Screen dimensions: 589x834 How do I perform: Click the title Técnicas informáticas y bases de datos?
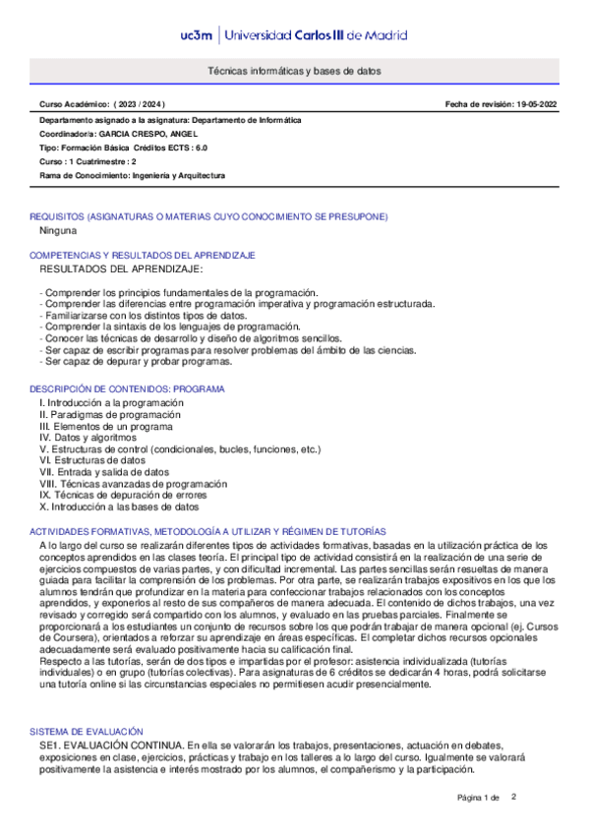[294, 72]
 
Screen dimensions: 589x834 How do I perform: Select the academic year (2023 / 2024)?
[141, 104]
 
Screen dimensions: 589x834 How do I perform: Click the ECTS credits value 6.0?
[200, 147]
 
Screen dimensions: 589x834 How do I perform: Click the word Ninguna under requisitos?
[58, 230]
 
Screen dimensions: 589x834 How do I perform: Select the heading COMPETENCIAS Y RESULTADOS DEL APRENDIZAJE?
[143, 255]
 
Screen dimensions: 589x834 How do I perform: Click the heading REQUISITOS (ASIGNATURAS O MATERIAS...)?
[208, 216]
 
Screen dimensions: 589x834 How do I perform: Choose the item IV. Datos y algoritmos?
[88, 438]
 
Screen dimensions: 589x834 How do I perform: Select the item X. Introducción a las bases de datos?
[119, 507]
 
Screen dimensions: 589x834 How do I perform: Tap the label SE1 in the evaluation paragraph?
[50, 747]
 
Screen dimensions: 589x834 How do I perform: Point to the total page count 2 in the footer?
[513, 797]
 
